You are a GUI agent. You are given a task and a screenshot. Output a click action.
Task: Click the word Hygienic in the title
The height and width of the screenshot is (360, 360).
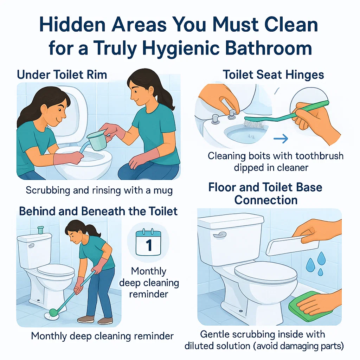pos(181,49)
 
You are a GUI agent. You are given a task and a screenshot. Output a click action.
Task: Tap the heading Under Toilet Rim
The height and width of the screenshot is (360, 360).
pos(62,75)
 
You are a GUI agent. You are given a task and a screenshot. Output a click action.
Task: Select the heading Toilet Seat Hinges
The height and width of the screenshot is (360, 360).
pos(273,75)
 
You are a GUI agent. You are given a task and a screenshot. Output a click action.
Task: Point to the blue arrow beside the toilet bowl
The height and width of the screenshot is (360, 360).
pos(281,139)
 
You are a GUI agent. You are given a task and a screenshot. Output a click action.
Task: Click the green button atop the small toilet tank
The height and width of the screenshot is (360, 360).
pos(40,230)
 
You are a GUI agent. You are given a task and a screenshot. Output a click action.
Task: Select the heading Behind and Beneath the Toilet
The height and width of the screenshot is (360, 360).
pos(98,211)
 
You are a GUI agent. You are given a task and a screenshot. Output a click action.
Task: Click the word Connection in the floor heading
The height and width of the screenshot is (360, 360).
pos(266,200)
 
